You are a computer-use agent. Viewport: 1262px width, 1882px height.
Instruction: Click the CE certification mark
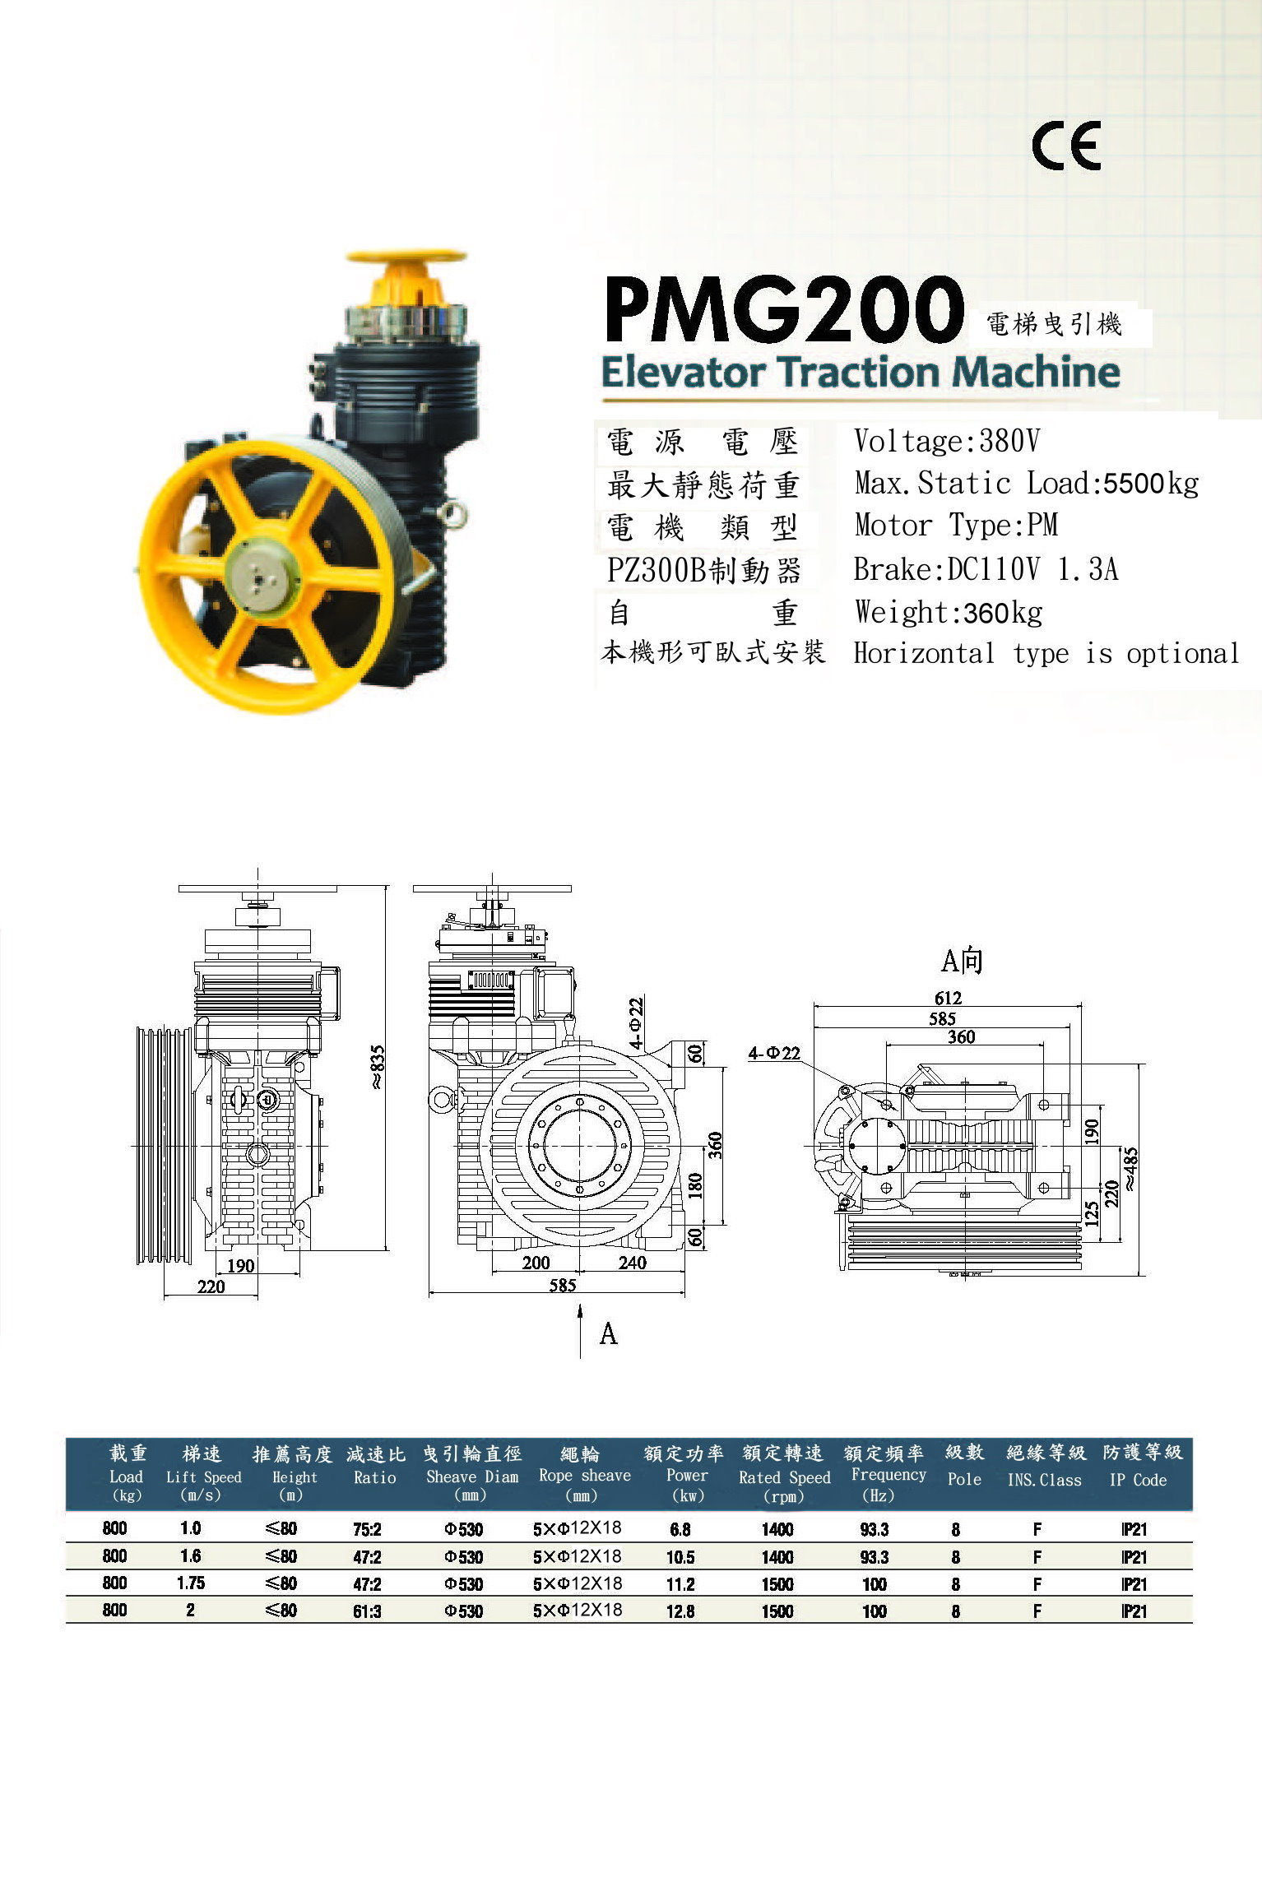pos(1066,146)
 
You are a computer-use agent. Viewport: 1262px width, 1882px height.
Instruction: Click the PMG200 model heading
pos(784,310)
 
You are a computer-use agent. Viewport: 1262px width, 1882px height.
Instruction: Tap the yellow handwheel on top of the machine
pos(406,257)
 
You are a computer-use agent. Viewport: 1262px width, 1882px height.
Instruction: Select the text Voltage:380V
pos(947,441)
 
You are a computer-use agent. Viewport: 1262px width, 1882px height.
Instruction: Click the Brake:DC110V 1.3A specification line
pos(986,569)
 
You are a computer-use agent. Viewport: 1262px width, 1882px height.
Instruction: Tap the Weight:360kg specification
pos(949,612)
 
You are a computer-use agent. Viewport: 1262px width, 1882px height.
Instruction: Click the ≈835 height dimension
pos(377,1067)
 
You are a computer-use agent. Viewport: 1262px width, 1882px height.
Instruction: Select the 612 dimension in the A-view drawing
pos(948,998)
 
